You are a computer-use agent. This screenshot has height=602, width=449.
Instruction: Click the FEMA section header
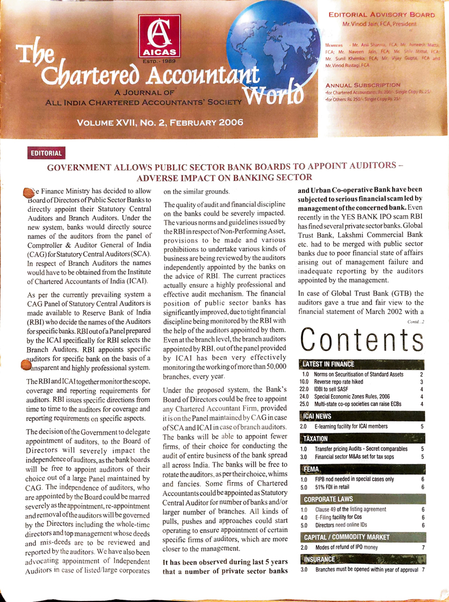tap(311, 468)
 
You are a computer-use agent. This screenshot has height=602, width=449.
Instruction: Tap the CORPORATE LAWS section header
tap(329, 499)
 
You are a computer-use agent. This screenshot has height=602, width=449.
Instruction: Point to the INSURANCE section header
tap(319, 559)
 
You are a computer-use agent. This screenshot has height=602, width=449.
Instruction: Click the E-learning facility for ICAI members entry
tap(357, 427)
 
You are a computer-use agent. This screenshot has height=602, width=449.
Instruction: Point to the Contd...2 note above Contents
tap(416, 321)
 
